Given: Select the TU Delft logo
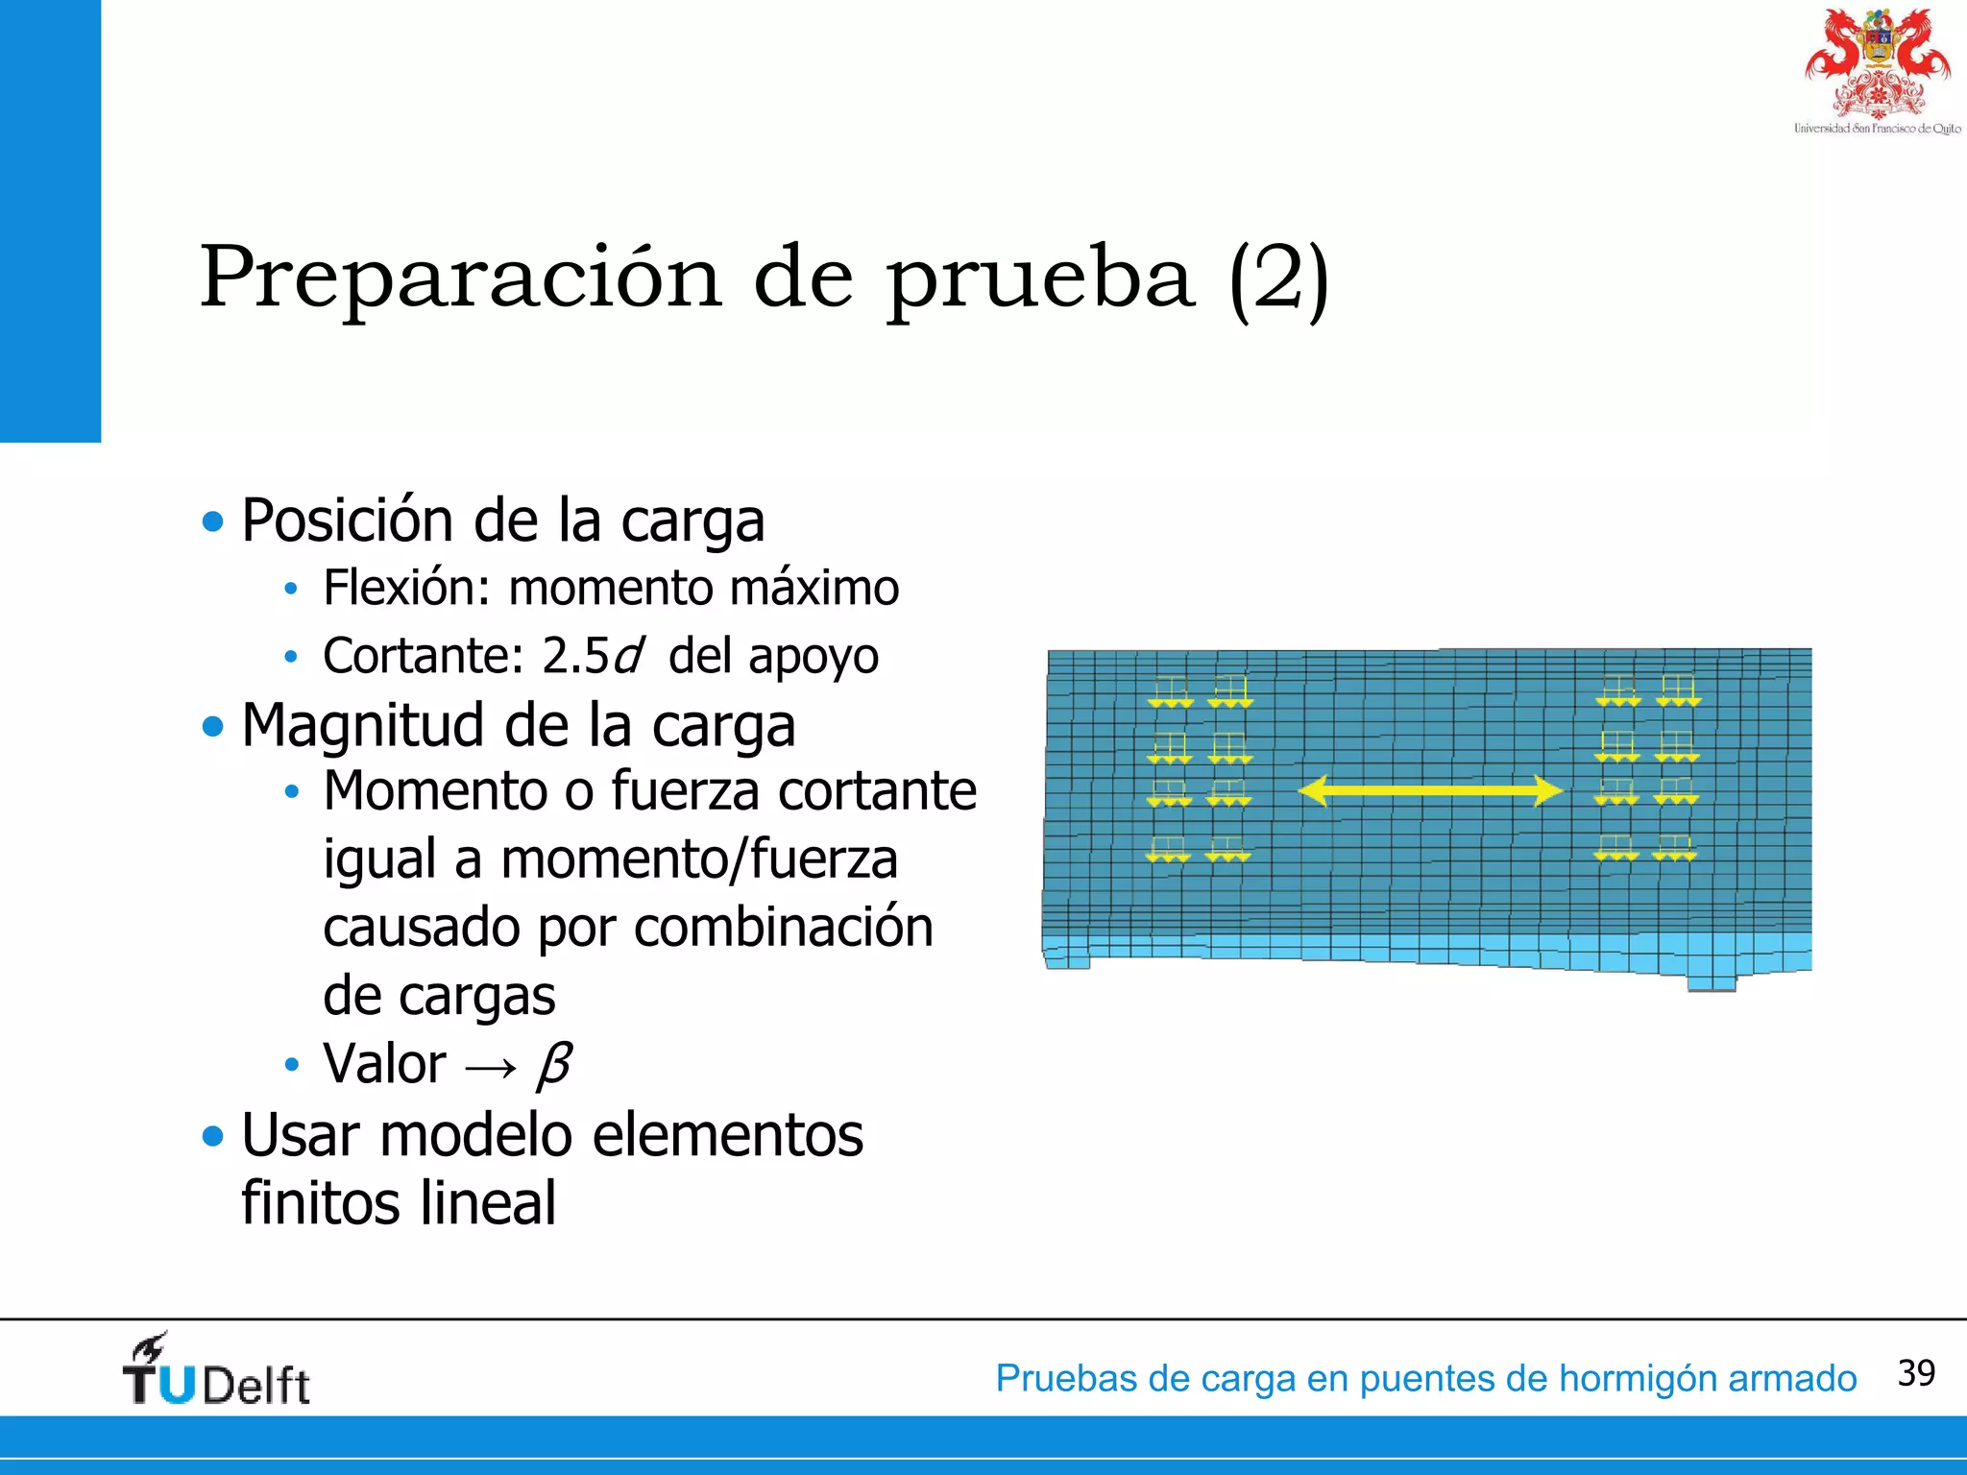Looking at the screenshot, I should (217, 1371).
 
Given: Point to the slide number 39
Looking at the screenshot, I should (1916, 1373).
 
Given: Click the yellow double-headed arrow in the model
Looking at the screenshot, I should (1430, 790).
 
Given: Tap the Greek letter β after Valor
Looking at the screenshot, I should (555, 1064).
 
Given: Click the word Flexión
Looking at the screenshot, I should (407, 588).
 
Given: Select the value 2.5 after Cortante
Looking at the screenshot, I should (575, 657).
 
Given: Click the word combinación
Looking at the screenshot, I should (783, 928).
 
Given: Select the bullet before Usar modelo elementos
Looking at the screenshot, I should (212, 1137).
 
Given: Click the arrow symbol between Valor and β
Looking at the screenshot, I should (491, 1066).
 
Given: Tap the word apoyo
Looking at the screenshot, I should (813, 657).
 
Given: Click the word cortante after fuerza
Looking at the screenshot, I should (877, 791).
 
